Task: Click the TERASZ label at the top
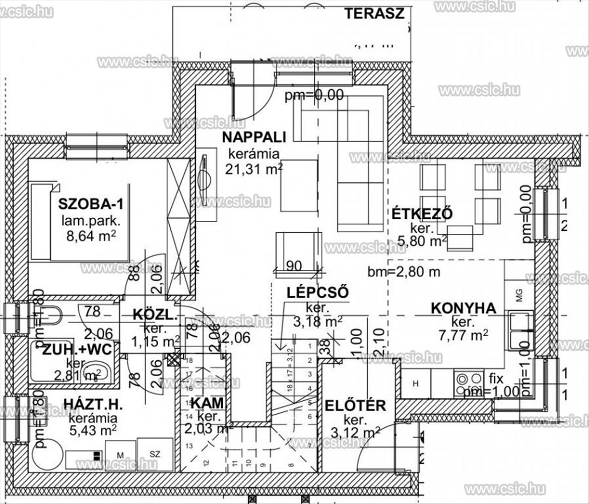374,13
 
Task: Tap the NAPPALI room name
254,137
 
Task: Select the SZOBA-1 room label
91,204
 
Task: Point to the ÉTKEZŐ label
422,214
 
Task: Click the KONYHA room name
463,308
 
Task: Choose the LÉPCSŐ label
317,292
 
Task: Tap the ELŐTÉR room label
355,405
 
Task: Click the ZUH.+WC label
74,349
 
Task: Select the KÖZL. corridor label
154,315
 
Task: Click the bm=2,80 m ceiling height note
404,272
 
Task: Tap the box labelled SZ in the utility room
155,454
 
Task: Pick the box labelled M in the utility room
120,455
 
